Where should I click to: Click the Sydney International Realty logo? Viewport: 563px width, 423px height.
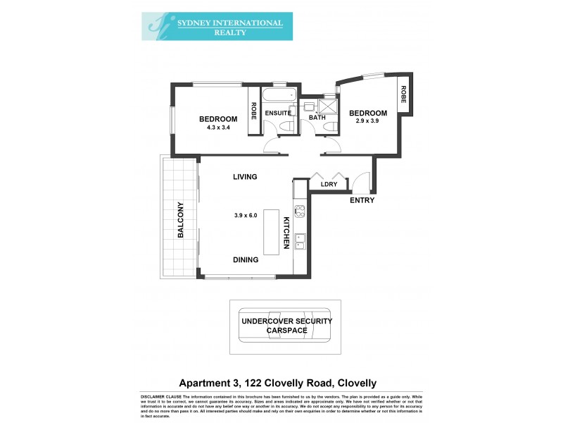(212, 25)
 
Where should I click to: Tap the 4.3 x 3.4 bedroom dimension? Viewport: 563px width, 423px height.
(217, 128)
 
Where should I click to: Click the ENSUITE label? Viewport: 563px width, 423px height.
(278, 113)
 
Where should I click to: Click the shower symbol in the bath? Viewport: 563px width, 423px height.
(328, 106)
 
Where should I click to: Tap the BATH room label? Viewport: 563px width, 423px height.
(317, 118)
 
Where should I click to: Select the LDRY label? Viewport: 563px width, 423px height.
(329, 184)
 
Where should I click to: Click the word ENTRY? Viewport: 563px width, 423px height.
(362, 200)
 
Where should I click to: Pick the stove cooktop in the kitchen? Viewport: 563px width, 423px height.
(298, 211)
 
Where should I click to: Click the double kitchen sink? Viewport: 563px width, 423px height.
(299, 242)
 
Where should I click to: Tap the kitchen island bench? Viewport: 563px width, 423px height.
(271, 233)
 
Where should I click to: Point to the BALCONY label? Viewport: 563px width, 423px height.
(180, 220)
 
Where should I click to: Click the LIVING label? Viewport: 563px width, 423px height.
(245, 177)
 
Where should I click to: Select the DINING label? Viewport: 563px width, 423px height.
(246, 259)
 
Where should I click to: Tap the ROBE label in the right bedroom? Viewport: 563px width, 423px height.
(404, 94)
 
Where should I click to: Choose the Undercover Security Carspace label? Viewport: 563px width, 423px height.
(286, 325)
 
